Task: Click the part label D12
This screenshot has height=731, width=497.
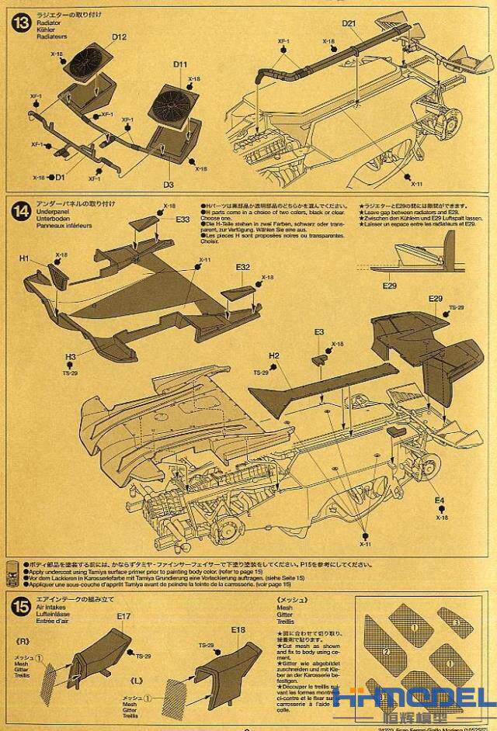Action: (x=119, y=36)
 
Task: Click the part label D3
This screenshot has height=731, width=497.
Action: (x=168, y=184)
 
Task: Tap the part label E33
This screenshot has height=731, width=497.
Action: (x=182, y=220)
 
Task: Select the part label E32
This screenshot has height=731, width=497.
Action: (x=243, y=268)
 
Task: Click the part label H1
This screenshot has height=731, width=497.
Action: (x=24, y=258)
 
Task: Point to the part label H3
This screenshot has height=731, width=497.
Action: (x=70, y=358)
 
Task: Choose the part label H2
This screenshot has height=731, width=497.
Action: (x=273, y=356)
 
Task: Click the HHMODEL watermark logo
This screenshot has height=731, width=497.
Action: (x=419, y=701)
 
